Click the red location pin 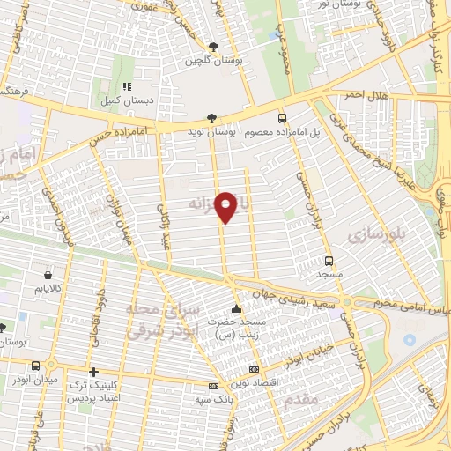click(226, 206)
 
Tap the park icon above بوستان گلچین click(214, 47)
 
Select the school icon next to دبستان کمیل click(127, 87)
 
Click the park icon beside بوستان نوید click(211, 117)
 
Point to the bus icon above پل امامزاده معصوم click(282, 117)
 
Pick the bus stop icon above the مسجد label click(329, 261)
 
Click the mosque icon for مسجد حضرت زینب click(235, 309)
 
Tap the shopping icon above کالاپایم click(46, 274)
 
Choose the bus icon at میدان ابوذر click(35, 366)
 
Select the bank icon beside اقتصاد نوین click(255, 370)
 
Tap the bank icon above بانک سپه click(212, 386)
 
